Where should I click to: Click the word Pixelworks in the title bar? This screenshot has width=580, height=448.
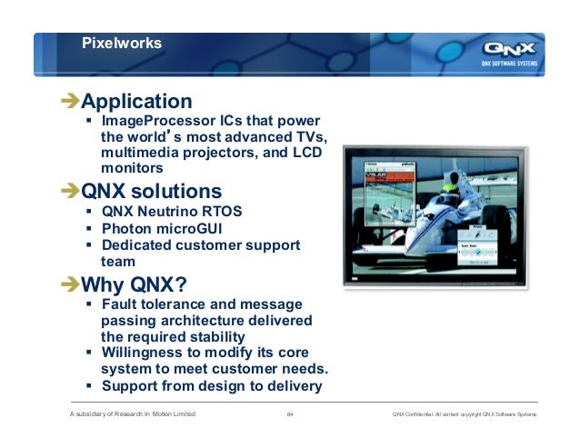tap(122, 43)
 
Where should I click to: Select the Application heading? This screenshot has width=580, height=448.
tap(136, 101)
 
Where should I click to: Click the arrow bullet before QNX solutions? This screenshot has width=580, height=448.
tap(69, 193)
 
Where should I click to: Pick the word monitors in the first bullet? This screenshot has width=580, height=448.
tap(133, 169)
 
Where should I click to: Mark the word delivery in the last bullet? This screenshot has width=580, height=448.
tap(291, 386)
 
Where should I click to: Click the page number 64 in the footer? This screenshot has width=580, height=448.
tap(290, 415)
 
